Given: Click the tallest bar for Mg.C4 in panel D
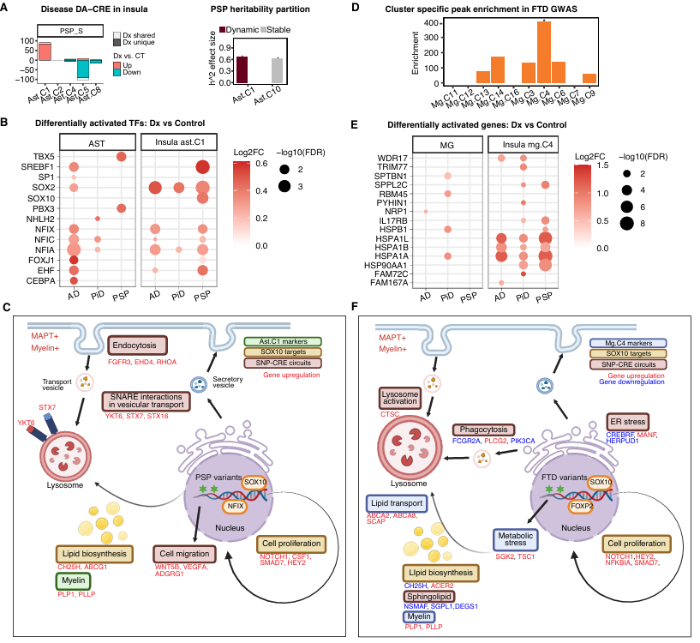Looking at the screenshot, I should (x=543, y=51).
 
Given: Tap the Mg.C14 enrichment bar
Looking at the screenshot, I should (x=498, y=69).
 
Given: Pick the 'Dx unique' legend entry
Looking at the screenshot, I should (x=118, y=42).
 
